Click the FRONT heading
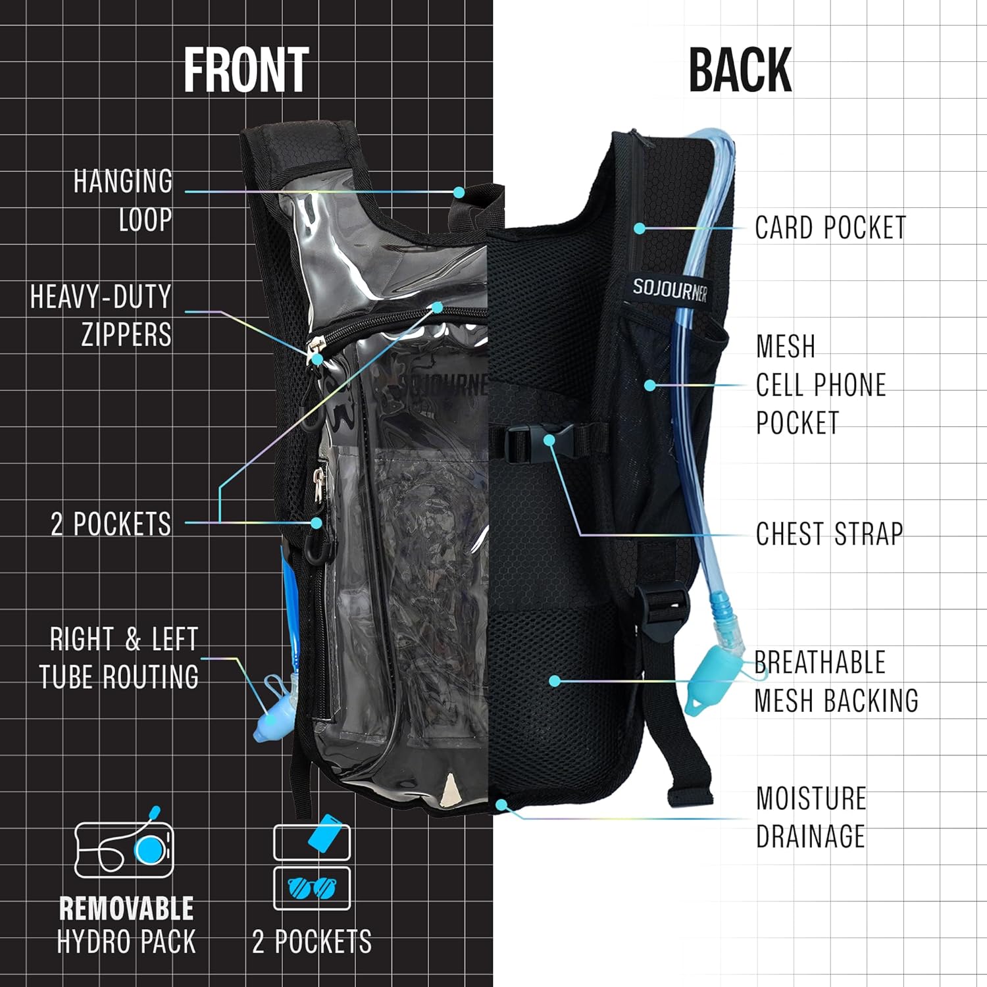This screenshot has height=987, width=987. (246, 70)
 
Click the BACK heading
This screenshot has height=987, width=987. (740, 70)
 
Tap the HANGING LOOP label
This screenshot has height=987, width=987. (123, 200)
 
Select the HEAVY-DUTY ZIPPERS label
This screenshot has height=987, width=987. (101, 315)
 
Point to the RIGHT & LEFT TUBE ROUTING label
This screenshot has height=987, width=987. (119, 658)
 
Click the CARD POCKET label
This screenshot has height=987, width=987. (830, 228)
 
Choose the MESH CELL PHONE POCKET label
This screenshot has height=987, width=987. (821, 384)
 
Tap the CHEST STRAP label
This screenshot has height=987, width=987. (829, 534)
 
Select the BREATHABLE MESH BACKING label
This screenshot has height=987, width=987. (836, 682)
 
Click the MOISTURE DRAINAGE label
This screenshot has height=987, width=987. (811, 817)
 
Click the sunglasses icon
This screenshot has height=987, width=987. (311, 888)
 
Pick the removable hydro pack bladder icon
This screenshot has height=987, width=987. (124, 844)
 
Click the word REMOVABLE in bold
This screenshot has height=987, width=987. (126, 909)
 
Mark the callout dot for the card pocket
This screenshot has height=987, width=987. (640, 228)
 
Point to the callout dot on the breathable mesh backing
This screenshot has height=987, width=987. (555, 681)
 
